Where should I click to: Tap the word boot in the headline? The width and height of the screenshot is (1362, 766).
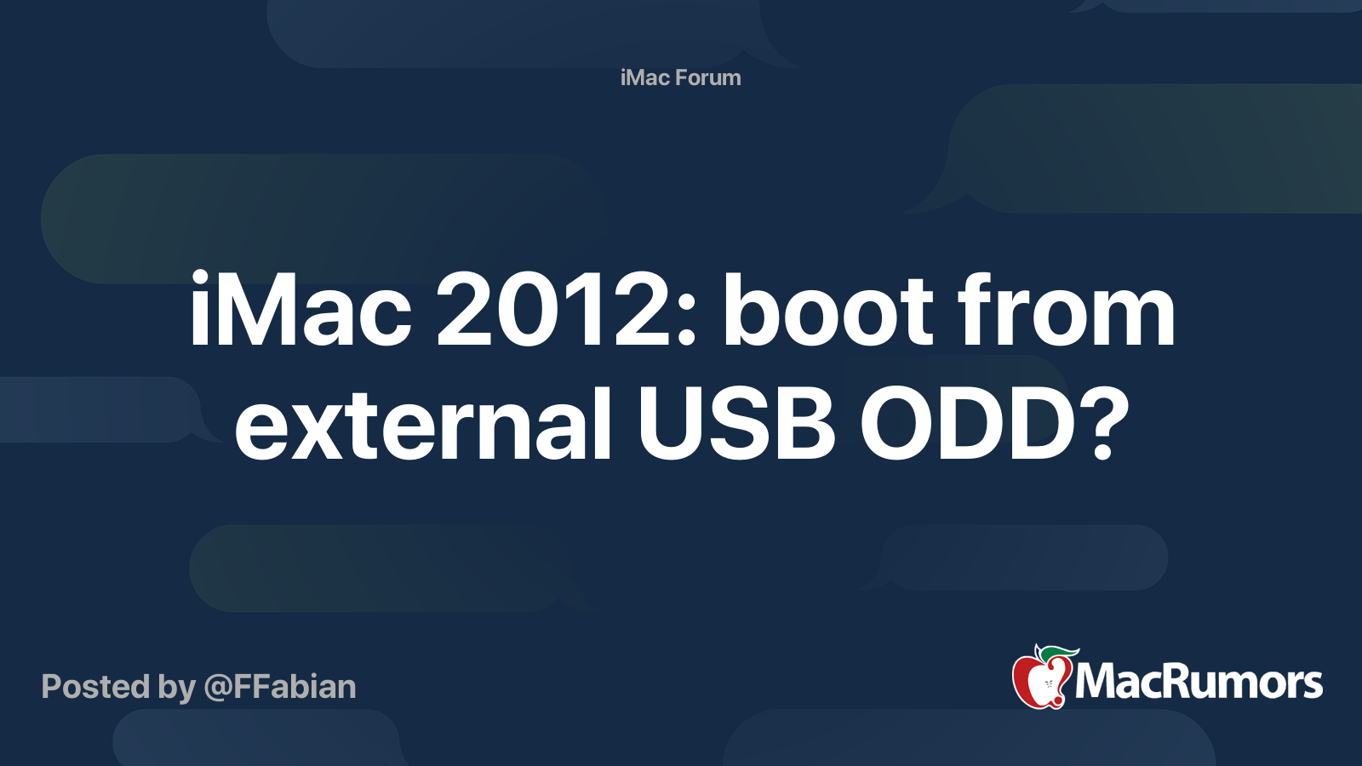(x=830, y=311)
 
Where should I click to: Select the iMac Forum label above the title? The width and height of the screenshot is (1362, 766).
(x=680, y=77)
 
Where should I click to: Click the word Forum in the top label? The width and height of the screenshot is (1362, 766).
(x=708, y=77)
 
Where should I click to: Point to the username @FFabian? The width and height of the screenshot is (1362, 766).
(x=279, y=687)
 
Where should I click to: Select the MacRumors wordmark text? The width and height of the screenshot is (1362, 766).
(x=1199, y=682)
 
